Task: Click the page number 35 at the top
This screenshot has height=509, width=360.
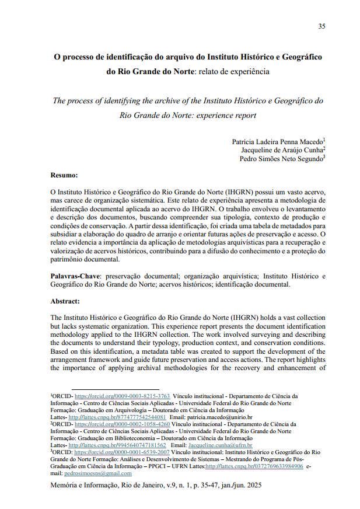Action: (321, 26)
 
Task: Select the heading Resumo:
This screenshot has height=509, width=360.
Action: (64, 175)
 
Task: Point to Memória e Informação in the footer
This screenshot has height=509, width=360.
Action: (83, 485)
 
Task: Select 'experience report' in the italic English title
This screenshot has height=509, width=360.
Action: (227, 115)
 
